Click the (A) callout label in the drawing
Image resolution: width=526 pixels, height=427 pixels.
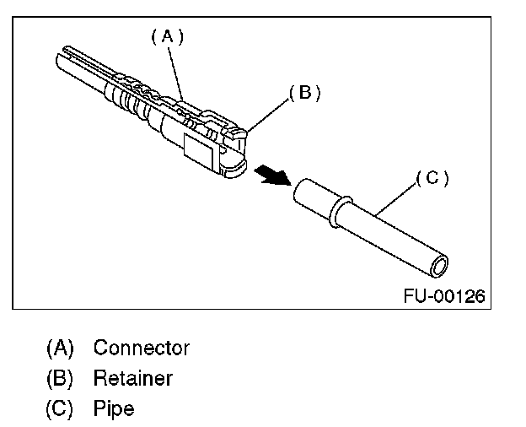tap(167, 36)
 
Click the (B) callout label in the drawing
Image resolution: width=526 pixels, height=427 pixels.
tap(304, 93)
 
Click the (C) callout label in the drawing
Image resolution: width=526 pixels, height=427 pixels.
tap(432, 178)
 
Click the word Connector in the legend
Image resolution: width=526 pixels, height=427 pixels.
tap(142, 348)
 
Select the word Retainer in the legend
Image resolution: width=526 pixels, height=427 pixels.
tap(133, 378)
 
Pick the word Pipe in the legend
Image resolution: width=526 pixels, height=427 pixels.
tap(114, 409)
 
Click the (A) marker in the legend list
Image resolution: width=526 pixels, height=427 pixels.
tap(60, 348)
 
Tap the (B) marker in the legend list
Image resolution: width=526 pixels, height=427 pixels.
tap(60, 378)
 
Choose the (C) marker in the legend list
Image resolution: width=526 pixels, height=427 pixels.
tap(60, 409)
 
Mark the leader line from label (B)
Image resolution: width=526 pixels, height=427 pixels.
tap(269, 115)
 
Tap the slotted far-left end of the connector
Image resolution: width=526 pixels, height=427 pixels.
tap(67, 64)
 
